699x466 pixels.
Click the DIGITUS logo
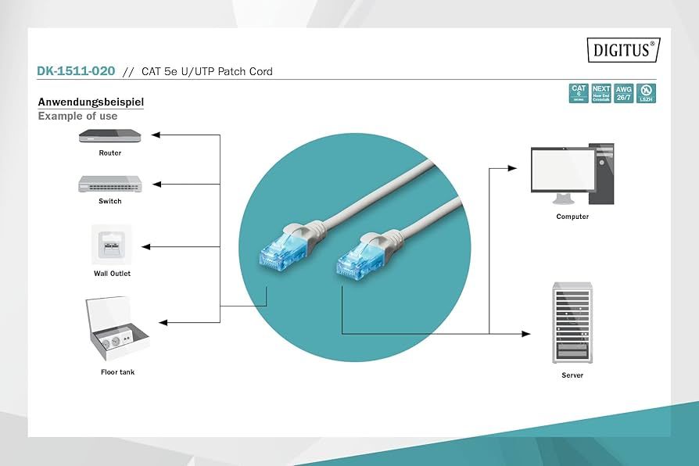coord(623,51)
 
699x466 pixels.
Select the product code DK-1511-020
coord(76,71)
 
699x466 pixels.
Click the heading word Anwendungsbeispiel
coord(91,102)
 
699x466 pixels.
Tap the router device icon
coord(109,135)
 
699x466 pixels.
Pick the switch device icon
coord(109,184)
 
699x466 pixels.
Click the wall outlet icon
coord(111,245)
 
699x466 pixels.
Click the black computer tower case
coord(600,173)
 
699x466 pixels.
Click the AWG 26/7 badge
coord(624,94)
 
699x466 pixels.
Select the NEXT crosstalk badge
coord(601,94)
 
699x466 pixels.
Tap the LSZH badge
coord(646,94)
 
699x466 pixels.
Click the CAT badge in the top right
coord(578,94)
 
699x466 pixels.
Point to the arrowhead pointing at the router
coord(156,135)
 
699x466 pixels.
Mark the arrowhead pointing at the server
coord(526,334)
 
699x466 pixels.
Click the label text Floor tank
coord(117,372)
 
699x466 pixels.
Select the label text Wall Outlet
coord(112,274)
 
